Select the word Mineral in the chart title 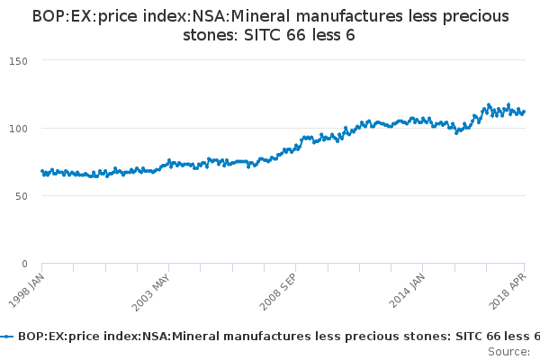point(259,17)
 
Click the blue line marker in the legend point(7,336)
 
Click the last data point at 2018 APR point(525,112)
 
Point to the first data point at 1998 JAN point(42,171)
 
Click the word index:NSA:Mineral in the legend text point(157,336)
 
